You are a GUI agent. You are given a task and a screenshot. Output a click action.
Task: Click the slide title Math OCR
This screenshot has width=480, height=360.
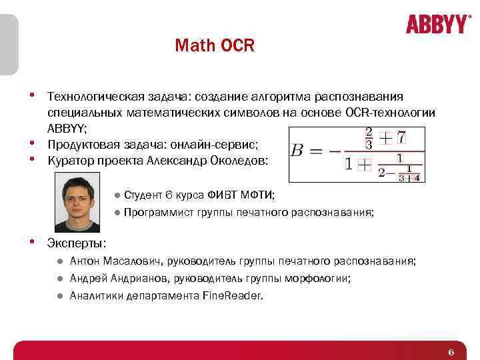(215, 46)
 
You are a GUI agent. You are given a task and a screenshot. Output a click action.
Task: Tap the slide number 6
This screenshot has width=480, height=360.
(451, 352)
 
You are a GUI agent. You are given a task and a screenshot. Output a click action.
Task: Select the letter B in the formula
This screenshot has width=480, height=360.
(297, 149)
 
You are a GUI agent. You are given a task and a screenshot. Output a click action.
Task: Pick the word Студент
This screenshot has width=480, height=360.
(143, 195)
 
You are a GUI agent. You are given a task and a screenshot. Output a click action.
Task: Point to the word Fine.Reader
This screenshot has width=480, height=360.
(232, 295)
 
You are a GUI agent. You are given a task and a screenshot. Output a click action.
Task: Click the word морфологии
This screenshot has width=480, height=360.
(323, 278)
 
